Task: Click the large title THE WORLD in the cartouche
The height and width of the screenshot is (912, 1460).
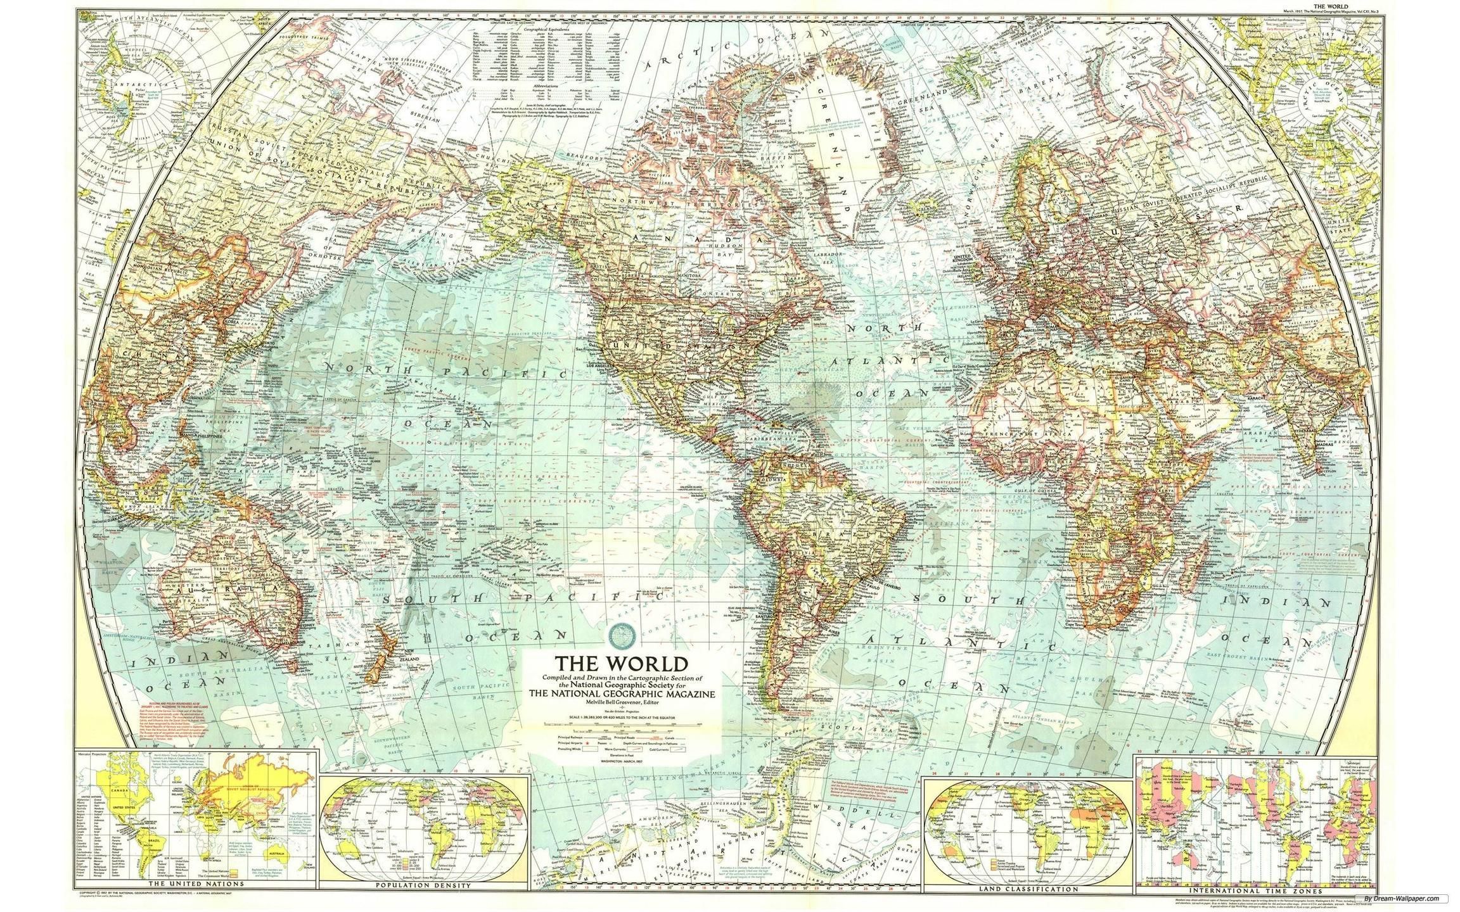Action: point(621,664)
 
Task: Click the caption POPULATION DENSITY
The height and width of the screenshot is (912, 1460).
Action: point(423,885)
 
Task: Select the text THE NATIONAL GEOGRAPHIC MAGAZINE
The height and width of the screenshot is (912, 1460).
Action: point(623,693)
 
